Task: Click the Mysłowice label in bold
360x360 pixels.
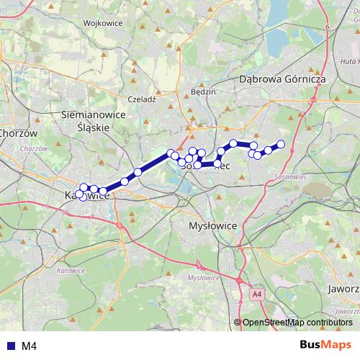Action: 212,225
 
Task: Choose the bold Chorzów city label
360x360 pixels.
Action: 18,133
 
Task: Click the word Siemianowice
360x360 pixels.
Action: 94,114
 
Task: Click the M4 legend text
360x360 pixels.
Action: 29,346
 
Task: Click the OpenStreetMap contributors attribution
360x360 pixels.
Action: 297,323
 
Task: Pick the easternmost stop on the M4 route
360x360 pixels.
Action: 281,145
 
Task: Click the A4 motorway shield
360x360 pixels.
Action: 258,294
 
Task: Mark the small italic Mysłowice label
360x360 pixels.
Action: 202,277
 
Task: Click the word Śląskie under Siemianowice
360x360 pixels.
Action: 93,126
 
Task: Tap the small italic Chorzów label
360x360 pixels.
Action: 34,148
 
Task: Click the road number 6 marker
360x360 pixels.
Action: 327,27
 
